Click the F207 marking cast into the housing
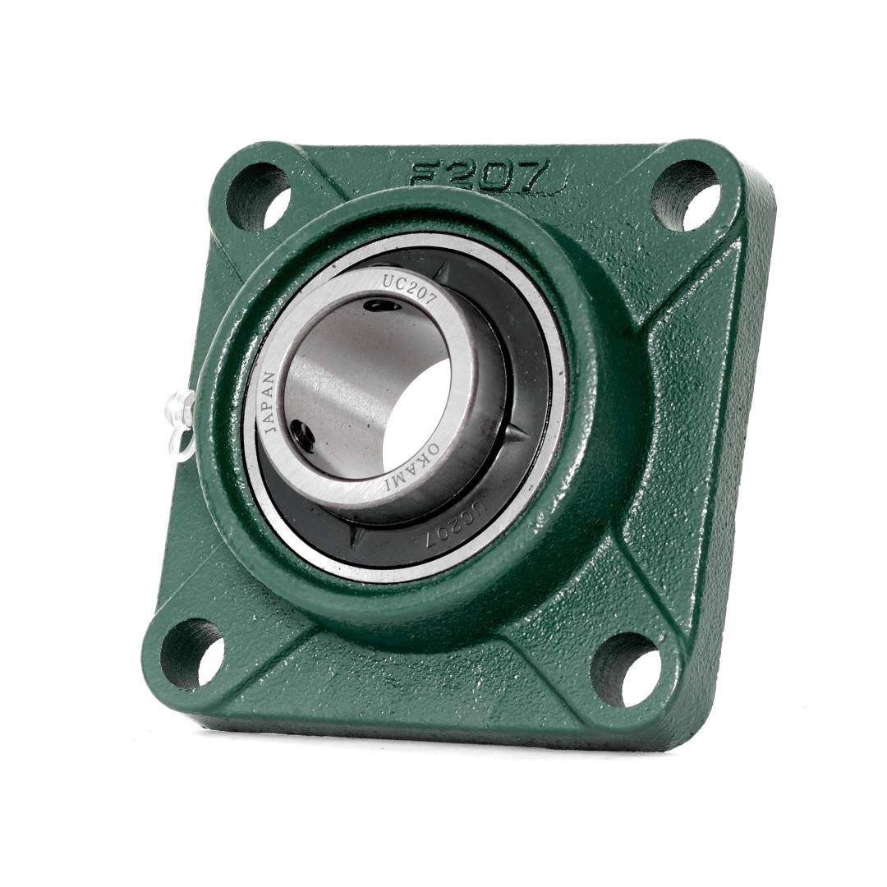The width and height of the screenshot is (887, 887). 478,176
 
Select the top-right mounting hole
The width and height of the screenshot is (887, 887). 687,195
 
